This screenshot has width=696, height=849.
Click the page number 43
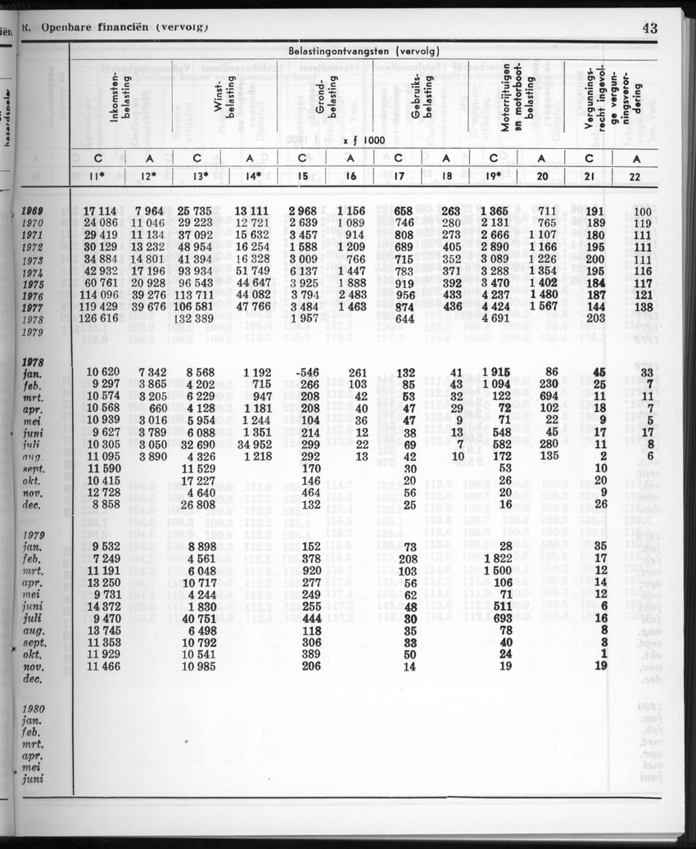click(650, 29)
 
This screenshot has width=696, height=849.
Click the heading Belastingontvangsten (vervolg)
click(364, 51)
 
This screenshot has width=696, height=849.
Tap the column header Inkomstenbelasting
click(120, 97)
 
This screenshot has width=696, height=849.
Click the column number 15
click(302, 176)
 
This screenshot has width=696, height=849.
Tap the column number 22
click(635, 176)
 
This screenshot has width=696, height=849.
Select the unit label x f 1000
click(364, 140)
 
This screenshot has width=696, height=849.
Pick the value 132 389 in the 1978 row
click(194, 318)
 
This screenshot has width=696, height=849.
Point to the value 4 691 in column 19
click(499, 318)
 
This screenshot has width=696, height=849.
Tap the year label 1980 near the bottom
click(35, 709)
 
